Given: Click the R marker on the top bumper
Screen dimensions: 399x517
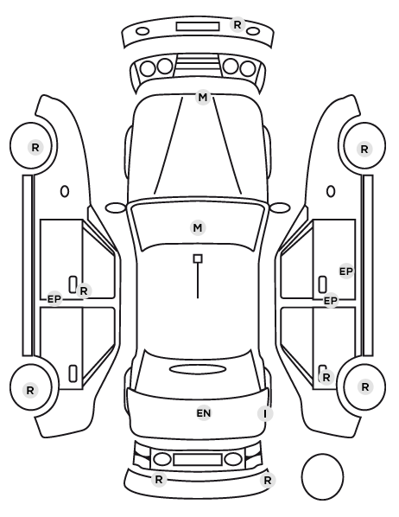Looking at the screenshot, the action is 237,25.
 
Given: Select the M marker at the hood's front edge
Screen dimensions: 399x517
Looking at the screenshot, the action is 203,98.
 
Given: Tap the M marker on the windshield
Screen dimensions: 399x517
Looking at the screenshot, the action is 198,228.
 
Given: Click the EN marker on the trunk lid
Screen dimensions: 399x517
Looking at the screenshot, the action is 204,413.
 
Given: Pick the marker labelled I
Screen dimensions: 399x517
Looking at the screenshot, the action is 265,413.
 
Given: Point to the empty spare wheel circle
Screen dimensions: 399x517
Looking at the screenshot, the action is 322,476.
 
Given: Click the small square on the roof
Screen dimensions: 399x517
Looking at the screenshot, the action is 198,258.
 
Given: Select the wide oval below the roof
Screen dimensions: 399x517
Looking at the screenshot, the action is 198,369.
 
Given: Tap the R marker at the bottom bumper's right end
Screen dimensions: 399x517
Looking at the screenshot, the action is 268,480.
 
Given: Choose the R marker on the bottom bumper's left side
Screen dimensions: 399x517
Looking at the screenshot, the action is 159,480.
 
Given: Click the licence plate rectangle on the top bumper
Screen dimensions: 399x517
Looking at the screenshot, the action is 198,27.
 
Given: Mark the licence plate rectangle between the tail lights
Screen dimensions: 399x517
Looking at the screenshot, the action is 198,460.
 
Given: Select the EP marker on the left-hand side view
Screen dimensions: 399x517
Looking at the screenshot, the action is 54,299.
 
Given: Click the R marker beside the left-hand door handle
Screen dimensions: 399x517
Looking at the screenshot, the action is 84,290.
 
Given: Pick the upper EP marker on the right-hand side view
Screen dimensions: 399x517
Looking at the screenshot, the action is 346,271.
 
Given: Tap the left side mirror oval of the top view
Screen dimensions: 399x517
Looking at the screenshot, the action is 116,208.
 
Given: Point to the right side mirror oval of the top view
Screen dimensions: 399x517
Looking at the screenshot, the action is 280,208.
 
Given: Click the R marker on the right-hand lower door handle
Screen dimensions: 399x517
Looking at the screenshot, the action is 326,377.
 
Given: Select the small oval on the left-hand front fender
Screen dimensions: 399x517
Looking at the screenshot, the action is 65,191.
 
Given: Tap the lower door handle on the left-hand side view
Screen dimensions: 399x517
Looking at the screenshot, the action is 73,373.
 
